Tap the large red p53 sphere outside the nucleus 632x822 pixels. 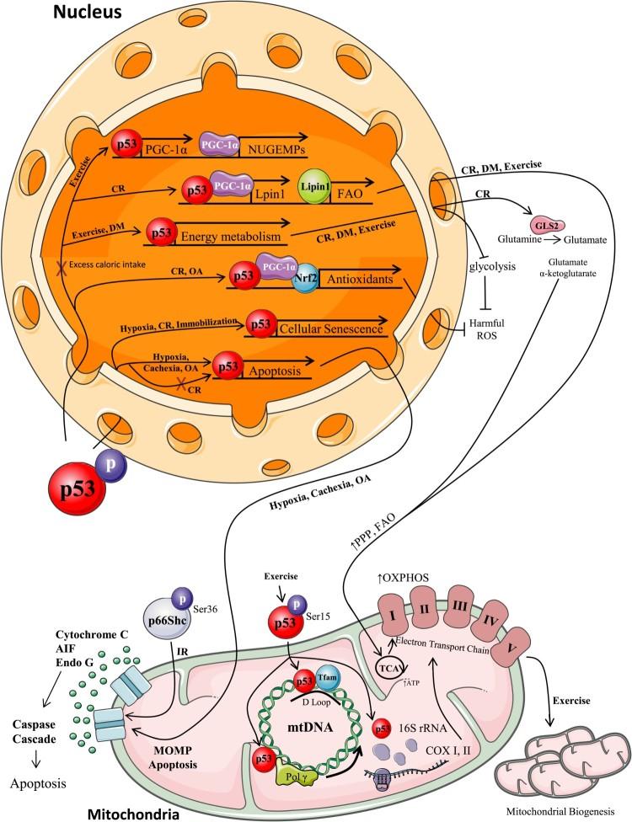pyautogui.click(x=78, y=489)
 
